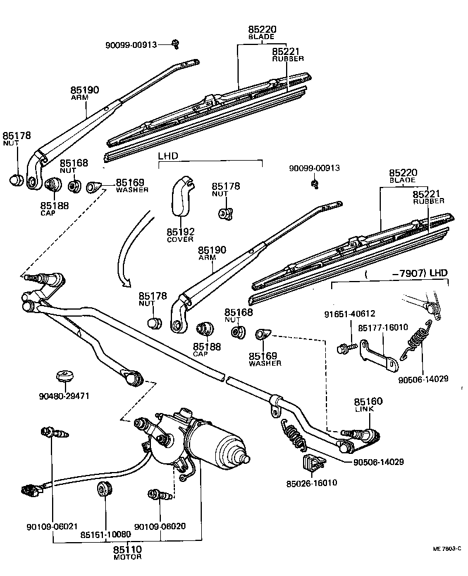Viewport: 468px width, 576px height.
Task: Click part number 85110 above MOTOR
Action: point(127,549)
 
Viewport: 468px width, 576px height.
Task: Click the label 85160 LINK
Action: point(368,405)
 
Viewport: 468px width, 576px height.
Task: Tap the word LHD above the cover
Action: point(167,157)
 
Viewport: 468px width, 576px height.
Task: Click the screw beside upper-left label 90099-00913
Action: point(175,43)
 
